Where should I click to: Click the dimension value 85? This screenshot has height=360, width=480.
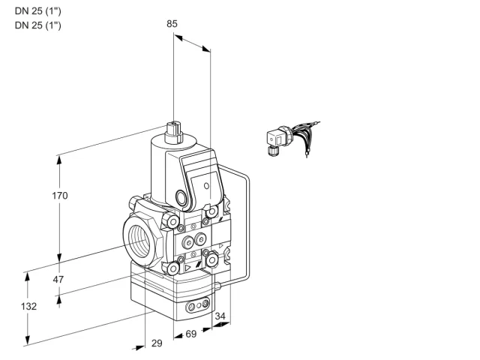click(x=172, y=23)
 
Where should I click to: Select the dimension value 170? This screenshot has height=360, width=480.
click(x=60, y=195)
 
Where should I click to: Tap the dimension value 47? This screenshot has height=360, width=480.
click(x=58, y=279)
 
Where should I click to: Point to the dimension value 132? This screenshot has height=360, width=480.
click(x=28, y=306)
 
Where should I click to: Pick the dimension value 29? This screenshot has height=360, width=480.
click(x=157, y=343)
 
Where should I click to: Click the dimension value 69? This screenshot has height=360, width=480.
click(x=191, y=334)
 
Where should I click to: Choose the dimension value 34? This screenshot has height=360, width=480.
click(x=220, y=316)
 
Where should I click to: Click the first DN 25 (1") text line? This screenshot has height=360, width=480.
click(x=38, y=11)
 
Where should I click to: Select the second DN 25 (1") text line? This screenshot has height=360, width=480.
click(x=38, y=25)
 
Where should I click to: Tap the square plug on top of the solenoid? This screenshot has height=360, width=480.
click(x=173, y=132)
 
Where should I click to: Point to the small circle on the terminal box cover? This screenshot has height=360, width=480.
click(x=207, y=185)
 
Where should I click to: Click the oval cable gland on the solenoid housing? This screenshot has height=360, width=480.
click(x=181, y=197)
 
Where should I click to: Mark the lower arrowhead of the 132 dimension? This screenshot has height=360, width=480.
click(x=28, y=340)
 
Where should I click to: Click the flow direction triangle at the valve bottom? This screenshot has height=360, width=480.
click(x=187, y=268)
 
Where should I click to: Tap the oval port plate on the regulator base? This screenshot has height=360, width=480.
click(x=198, y=305)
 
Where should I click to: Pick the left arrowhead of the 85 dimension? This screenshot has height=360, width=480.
click(x=178, y=37)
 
